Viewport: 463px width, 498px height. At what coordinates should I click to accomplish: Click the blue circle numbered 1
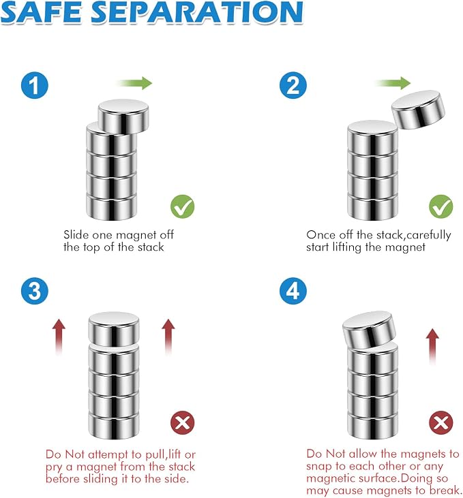coord(35,85)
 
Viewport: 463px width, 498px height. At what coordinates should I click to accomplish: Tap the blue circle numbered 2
coord(293,85)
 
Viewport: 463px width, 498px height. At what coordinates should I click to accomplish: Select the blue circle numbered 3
coord(35,291)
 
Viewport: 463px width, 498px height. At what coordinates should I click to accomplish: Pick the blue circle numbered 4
coord(293,291)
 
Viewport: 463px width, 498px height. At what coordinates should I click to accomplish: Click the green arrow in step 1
coord(134,83)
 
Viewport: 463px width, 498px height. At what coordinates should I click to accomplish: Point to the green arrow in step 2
coord(393,83)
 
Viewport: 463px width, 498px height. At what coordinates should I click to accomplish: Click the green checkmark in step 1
coord(183,206)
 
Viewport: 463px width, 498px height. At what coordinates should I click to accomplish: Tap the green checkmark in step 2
coord(441,206)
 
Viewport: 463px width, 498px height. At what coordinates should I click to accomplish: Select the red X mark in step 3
coord(183,422)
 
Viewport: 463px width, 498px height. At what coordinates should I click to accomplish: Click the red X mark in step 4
coord(441,422)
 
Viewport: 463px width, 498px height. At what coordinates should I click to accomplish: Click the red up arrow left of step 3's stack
coord(59,337)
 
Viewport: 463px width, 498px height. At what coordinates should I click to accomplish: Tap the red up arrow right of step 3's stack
coord(168,337)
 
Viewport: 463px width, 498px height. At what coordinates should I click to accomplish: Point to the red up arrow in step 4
coord(432,347)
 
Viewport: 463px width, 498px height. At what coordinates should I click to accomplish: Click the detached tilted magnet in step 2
coord(418,110)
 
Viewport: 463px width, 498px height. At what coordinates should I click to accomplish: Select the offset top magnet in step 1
coord(123,116)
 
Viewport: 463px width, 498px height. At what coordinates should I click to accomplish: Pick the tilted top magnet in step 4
coord(370,330)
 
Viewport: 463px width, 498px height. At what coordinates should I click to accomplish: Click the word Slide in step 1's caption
coord(76,235)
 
